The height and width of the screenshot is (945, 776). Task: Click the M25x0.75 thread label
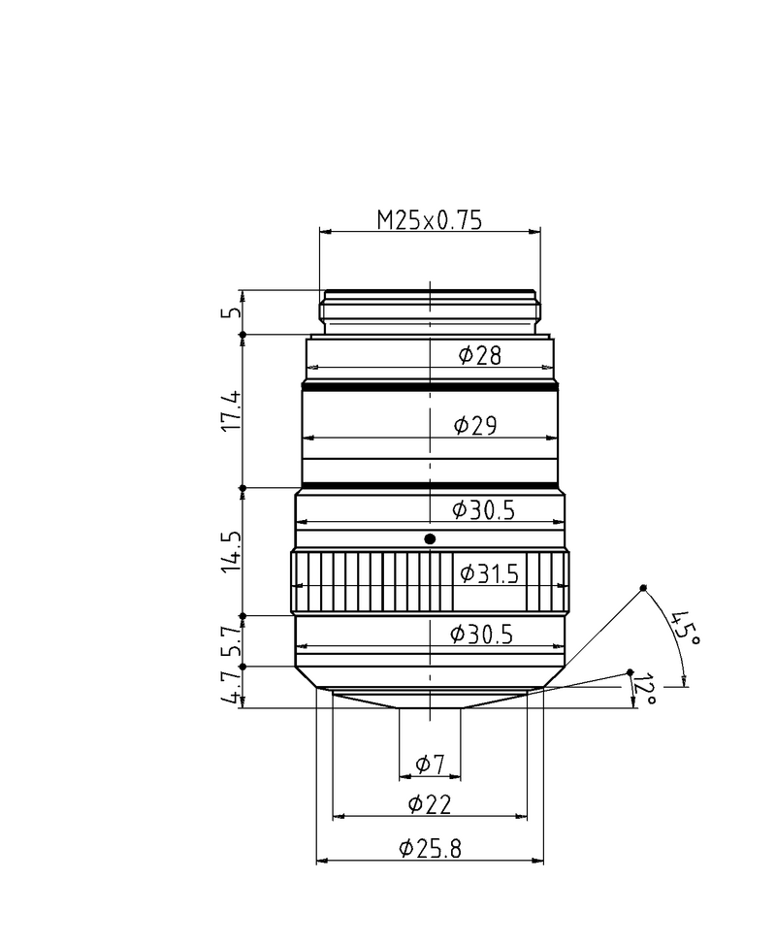[430, 220]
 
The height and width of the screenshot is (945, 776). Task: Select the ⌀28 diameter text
[479, 355]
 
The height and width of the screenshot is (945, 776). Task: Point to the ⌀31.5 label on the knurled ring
[488, 573]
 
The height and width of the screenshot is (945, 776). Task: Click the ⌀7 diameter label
[430, 766]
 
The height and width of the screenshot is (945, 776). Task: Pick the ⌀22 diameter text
[429, 804]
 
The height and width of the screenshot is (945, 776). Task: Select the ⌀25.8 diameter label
[430, 849]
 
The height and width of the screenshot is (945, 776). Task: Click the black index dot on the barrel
[431, 538]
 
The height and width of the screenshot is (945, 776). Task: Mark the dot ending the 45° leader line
[643, 589]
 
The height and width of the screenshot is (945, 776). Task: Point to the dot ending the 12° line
[630, 671]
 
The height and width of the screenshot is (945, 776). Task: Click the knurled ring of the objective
[369, 582]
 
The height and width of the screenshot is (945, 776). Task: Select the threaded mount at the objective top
[430, 310]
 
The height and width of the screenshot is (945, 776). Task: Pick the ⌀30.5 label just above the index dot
[482, 508]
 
